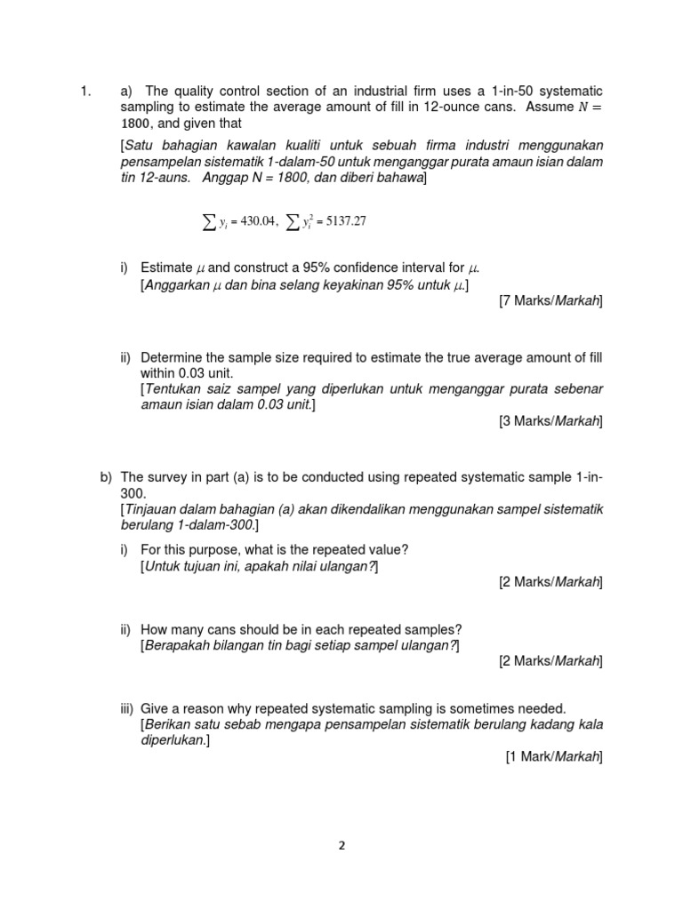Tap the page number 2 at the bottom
pos(341,846)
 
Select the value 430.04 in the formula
pos(252,221)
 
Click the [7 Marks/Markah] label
pos(550,301)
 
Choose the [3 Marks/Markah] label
pos(550,421)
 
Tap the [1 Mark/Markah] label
pos(554,756)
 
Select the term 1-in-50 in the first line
pos(502,91)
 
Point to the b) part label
pos(106,476)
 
